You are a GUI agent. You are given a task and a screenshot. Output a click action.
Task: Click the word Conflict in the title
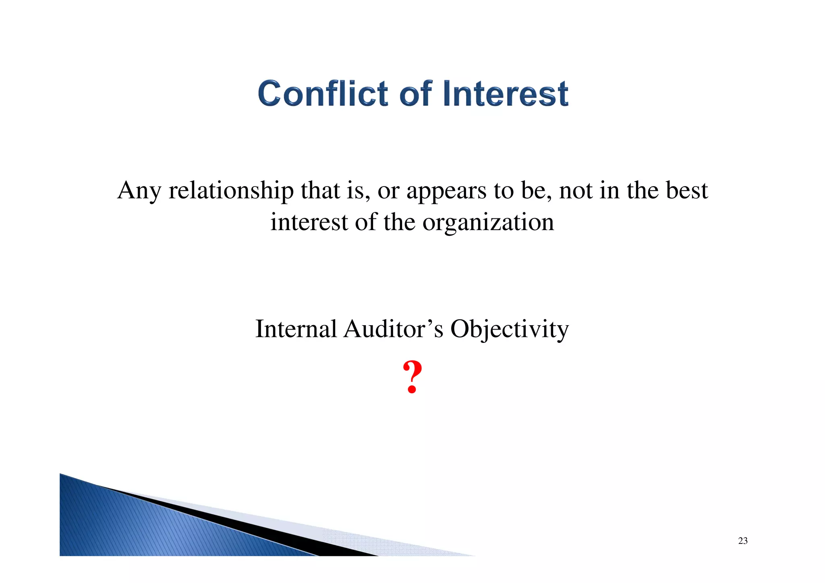322,93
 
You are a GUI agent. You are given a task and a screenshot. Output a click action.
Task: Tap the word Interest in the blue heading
506,93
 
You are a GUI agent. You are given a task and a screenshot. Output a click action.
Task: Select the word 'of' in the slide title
416,93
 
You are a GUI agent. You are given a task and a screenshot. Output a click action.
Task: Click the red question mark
412,377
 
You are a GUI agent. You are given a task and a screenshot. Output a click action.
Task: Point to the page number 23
743,541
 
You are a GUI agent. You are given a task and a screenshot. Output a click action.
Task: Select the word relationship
231,191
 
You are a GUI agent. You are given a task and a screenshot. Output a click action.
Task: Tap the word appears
446,191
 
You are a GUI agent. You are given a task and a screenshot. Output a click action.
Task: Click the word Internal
296,329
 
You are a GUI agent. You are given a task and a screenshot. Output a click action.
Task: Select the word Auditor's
393,329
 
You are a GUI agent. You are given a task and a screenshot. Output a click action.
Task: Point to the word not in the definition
576,191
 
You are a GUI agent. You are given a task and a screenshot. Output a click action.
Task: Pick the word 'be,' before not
536,191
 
